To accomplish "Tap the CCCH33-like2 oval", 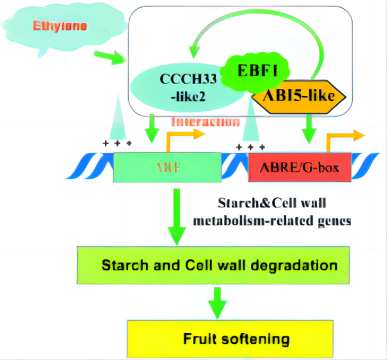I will pos(176,87).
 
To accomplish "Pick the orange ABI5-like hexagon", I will pos(299,95).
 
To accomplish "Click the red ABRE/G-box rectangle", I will pos(299,167).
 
